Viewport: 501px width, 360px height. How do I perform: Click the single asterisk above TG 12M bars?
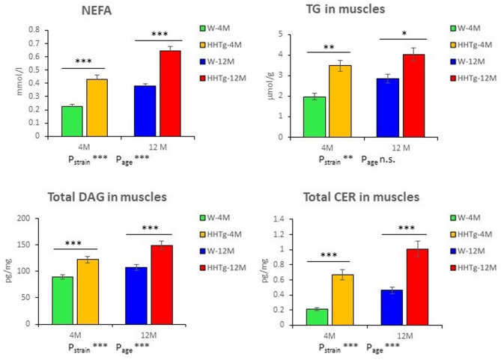pyautogui.click(x=404, y=34)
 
